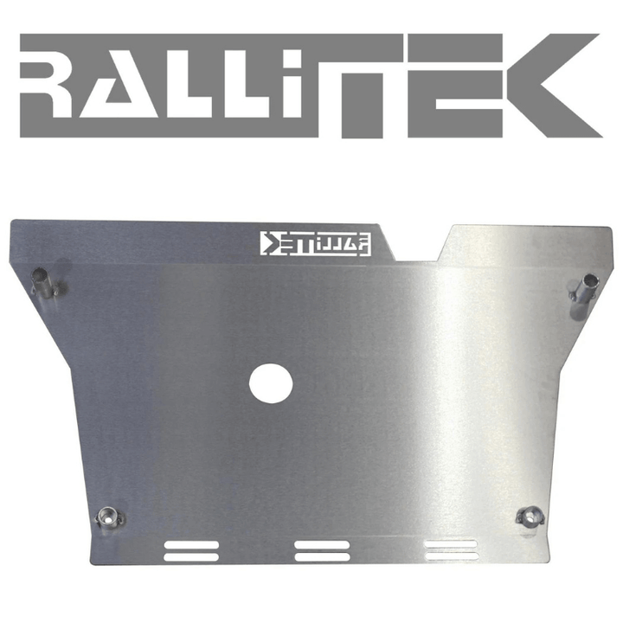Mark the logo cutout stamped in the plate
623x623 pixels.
(x=317, y=244)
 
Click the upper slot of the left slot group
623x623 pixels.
(x=190, y=546)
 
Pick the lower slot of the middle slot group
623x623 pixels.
(x=321, y=556)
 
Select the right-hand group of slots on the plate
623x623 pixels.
(x=450, y=550)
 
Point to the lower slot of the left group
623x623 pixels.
(x=190, y=556)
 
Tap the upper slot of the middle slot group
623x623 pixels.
(x=321, y=546)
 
